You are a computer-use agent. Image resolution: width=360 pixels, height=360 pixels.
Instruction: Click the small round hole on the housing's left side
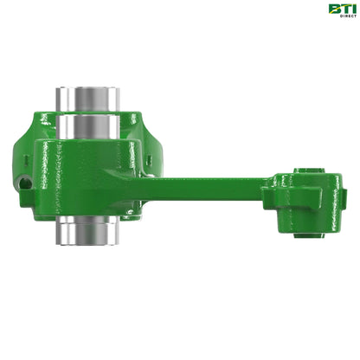tap(26, 183)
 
